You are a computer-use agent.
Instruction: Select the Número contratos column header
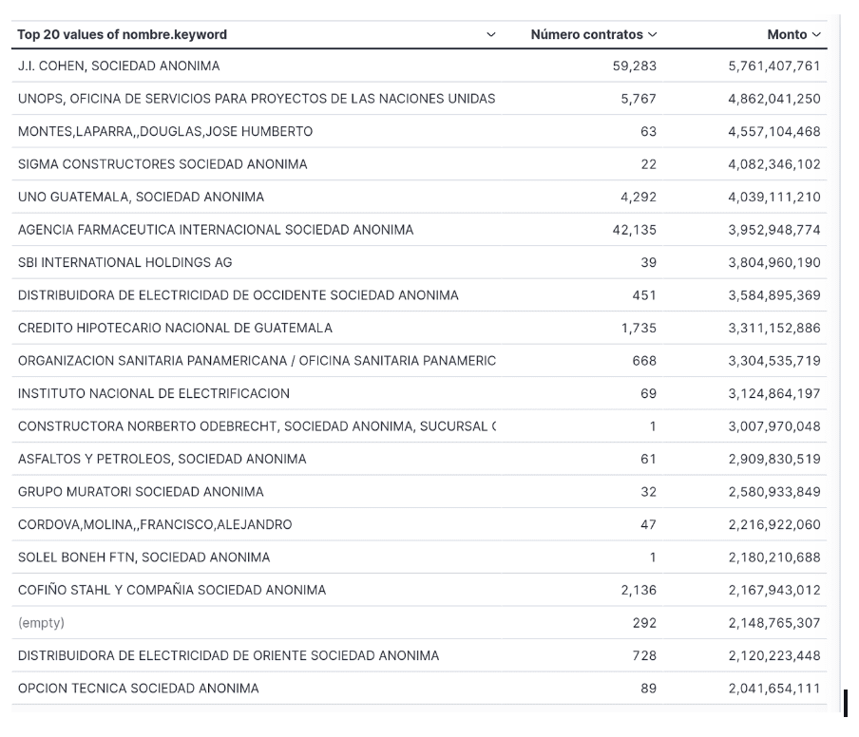[x=586, y=34]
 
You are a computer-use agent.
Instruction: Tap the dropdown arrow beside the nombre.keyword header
[x=491, y=35]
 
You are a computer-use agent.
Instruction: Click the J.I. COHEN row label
[x=119, y=66]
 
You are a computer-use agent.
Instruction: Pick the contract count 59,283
[x=634, y=66]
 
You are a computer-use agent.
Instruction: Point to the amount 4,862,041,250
[x=773, y=99]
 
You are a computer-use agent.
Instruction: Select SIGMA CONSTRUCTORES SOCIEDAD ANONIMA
[x=162, y=164]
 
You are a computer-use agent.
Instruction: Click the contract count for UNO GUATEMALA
[x=638, y=197]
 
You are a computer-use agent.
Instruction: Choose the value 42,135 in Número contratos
[x=634, y=230]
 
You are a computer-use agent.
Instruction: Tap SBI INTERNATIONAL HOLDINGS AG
[x=124, y=262]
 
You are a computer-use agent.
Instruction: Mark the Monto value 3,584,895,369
[x=773, y=295]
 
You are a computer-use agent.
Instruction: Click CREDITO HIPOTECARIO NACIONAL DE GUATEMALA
[x=175, y=328]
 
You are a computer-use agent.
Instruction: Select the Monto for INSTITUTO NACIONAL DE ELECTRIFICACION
[x=773, y=393]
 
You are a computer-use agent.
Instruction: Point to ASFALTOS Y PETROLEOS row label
[x=162, y=459]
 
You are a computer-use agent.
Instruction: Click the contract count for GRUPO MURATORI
[x=648, y=492]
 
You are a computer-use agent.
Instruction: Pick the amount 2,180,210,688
[x=773, y=557]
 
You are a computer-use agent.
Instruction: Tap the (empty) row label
[x=41, y=623]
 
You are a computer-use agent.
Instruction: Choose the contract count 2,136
[x=639, y=590]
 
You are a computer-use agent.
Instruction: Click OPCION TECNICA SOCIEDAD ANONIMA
[x=138, y=689]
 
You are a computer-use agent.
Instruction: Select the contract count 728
[x=644, y=655]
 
